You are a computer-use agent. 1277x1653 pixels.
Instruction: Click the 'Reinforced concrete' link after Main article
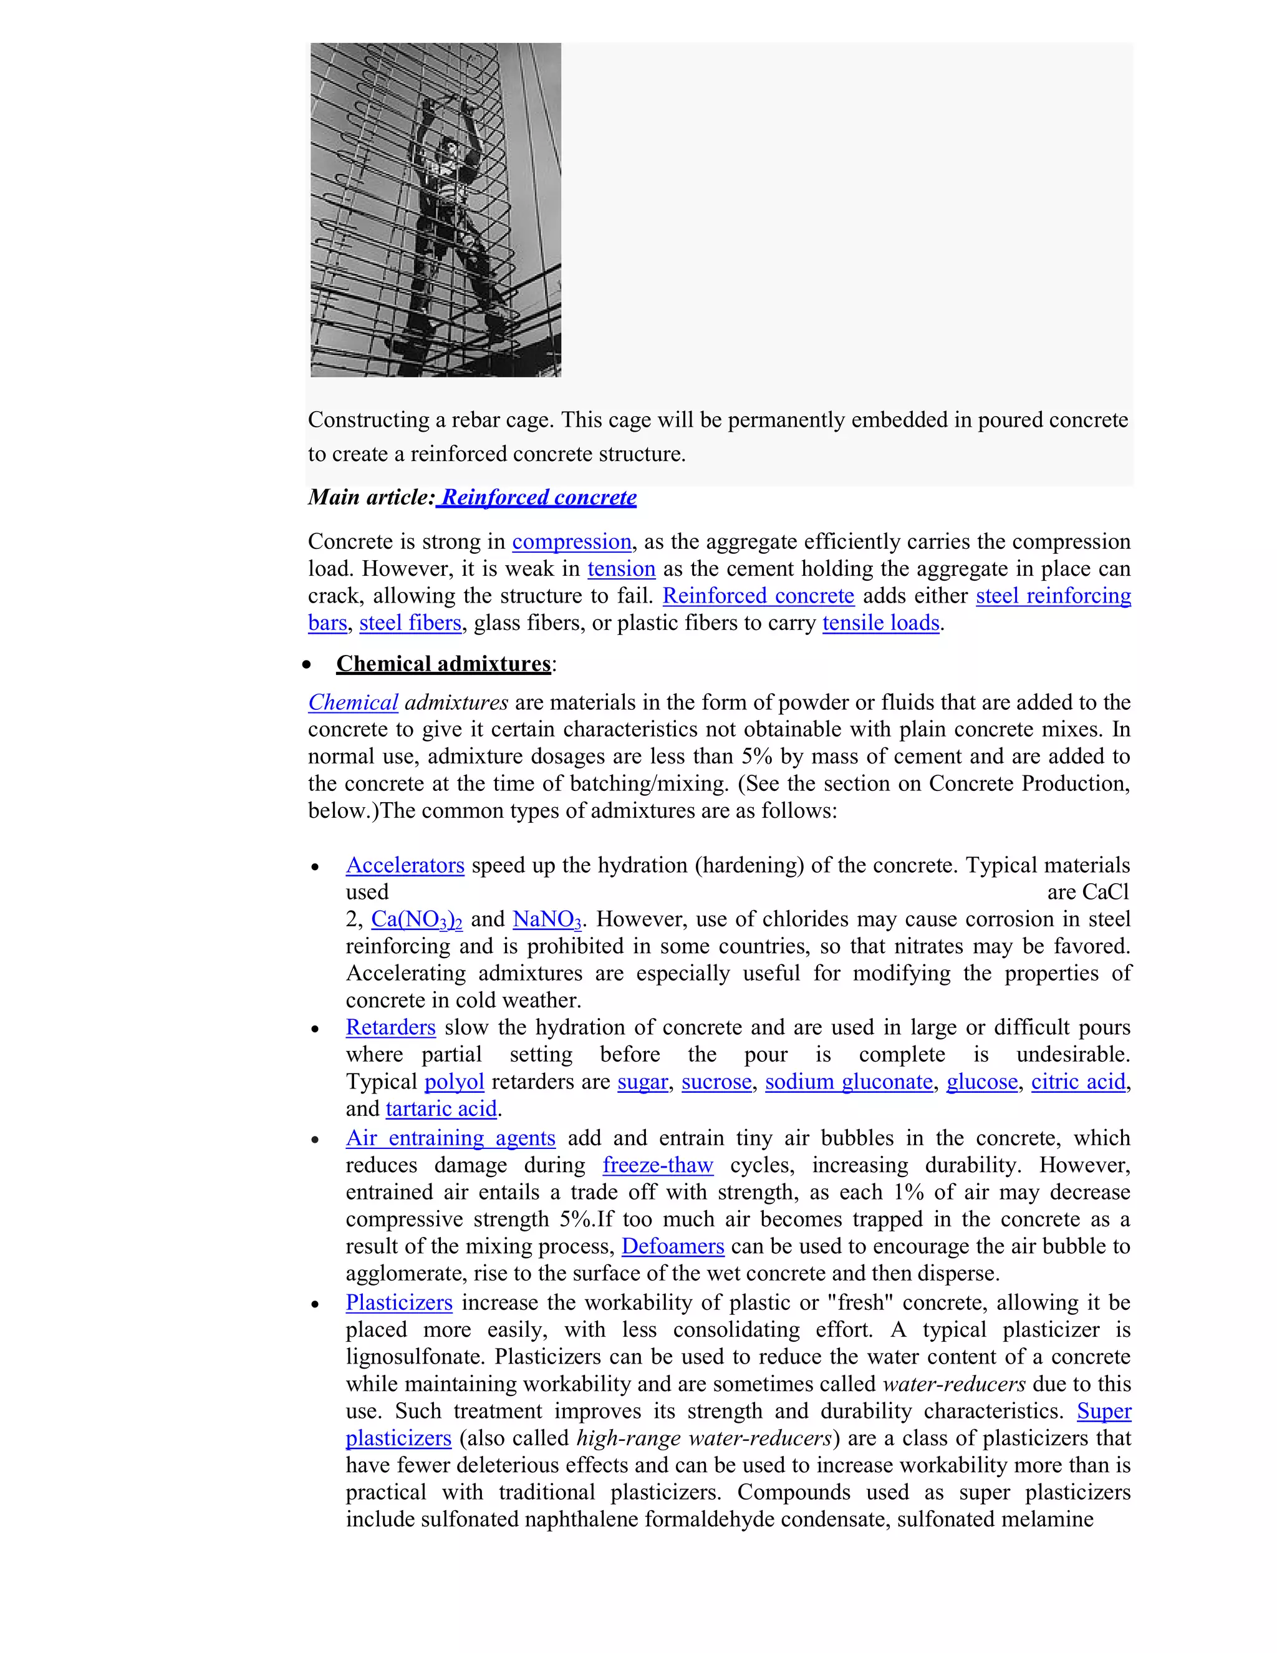tap(539, 498)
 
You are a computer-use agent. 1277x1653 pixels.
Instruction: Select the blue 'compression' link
tap(571, 542)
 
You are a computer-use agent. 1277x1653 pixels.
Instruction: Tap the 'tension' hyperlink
tap(621, 569)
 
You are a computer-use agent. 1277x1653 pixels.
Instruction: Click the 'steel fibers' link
tap(410, 623)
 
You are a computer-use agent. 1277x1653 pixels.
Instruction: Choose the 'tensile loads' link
tap(880, 623)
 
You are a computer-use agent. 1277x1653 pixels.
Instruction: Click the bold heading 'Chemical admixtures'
tap(443, 664)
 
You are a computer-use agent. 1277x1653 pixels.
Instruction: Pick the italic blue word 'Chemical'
tap(352, 702)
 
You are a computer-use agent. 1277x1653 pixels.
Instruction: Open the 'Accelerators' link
tap(405, 865)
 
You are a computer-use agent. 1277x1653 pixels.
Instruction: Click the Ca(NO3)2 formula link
tap(416, 919)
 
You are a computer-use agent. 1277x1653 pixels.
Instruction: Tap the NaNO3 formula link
tap(546, 919)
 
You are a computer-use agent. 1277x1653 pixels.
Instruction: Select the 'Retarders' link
tap(390, 1028)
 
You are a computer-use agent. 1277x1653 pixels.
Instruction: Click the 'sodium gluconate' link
tap(849, 1082)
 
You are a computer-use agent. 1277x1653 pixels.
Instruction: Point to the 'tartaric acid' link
tap(441, 1109)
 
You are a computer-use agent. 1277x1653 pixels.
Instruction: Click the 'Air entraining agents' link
tap(450, 1138)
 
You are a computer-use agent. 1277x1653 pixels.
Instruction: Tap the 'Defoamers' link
tap(673, 1246)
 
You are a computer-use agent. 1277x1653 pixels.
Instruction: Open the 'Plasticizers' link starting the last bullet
tap(398, 1302)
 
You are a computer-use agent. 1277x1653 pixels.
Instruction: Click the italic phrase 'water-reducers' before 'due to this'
tap(954, 1384)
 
